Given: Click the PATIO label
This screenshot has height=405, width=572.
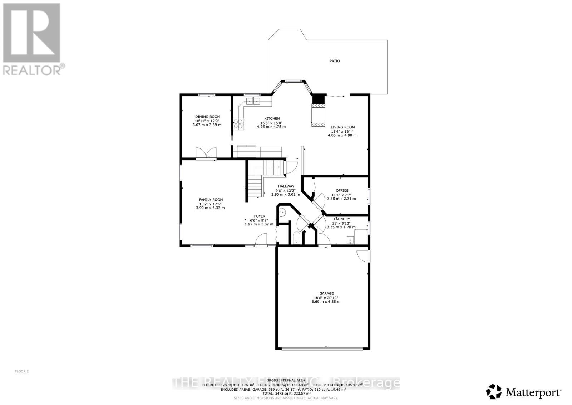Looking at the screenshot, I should [335, 61].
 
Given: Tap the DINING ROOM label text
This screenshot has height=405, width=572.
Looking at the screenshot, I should [207, 117].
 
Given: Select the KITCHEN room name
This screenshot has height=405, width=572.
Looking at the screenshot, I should [272, 119].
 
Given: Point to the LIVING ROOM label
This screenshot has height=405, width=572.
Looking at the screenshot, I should [342, 127].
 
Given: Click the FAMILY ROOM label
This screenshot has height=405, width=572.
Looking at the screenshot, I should [211, 200].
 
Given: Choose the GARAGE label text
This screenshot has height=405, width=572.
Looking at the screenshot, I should [326, 293].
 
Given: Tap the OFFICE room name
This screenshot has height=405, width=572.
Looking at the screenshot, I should [342, 191].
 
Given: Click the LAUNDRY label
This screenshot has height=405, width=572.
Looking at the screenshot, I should [342, 219].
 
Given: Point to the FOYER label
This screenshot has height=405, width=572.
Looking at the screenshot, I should [260, 216].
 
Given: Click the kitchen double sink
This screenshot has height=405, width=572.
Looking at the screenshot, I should [253, 102].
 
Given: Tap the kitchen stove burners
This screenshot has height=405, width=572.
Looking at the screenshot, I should [238, 124].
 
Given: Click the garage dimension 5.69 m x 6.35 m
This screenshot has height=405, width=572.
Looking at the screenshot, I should [326, 302].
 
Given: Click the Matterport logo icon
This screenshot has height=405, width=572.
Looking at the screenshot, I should [494, 391].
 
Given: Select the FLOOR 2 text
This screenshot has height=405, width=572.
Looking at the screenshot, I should [21, 371].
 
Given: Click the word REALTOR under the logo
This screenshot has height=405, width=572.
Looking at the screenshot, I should [31, 69].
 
